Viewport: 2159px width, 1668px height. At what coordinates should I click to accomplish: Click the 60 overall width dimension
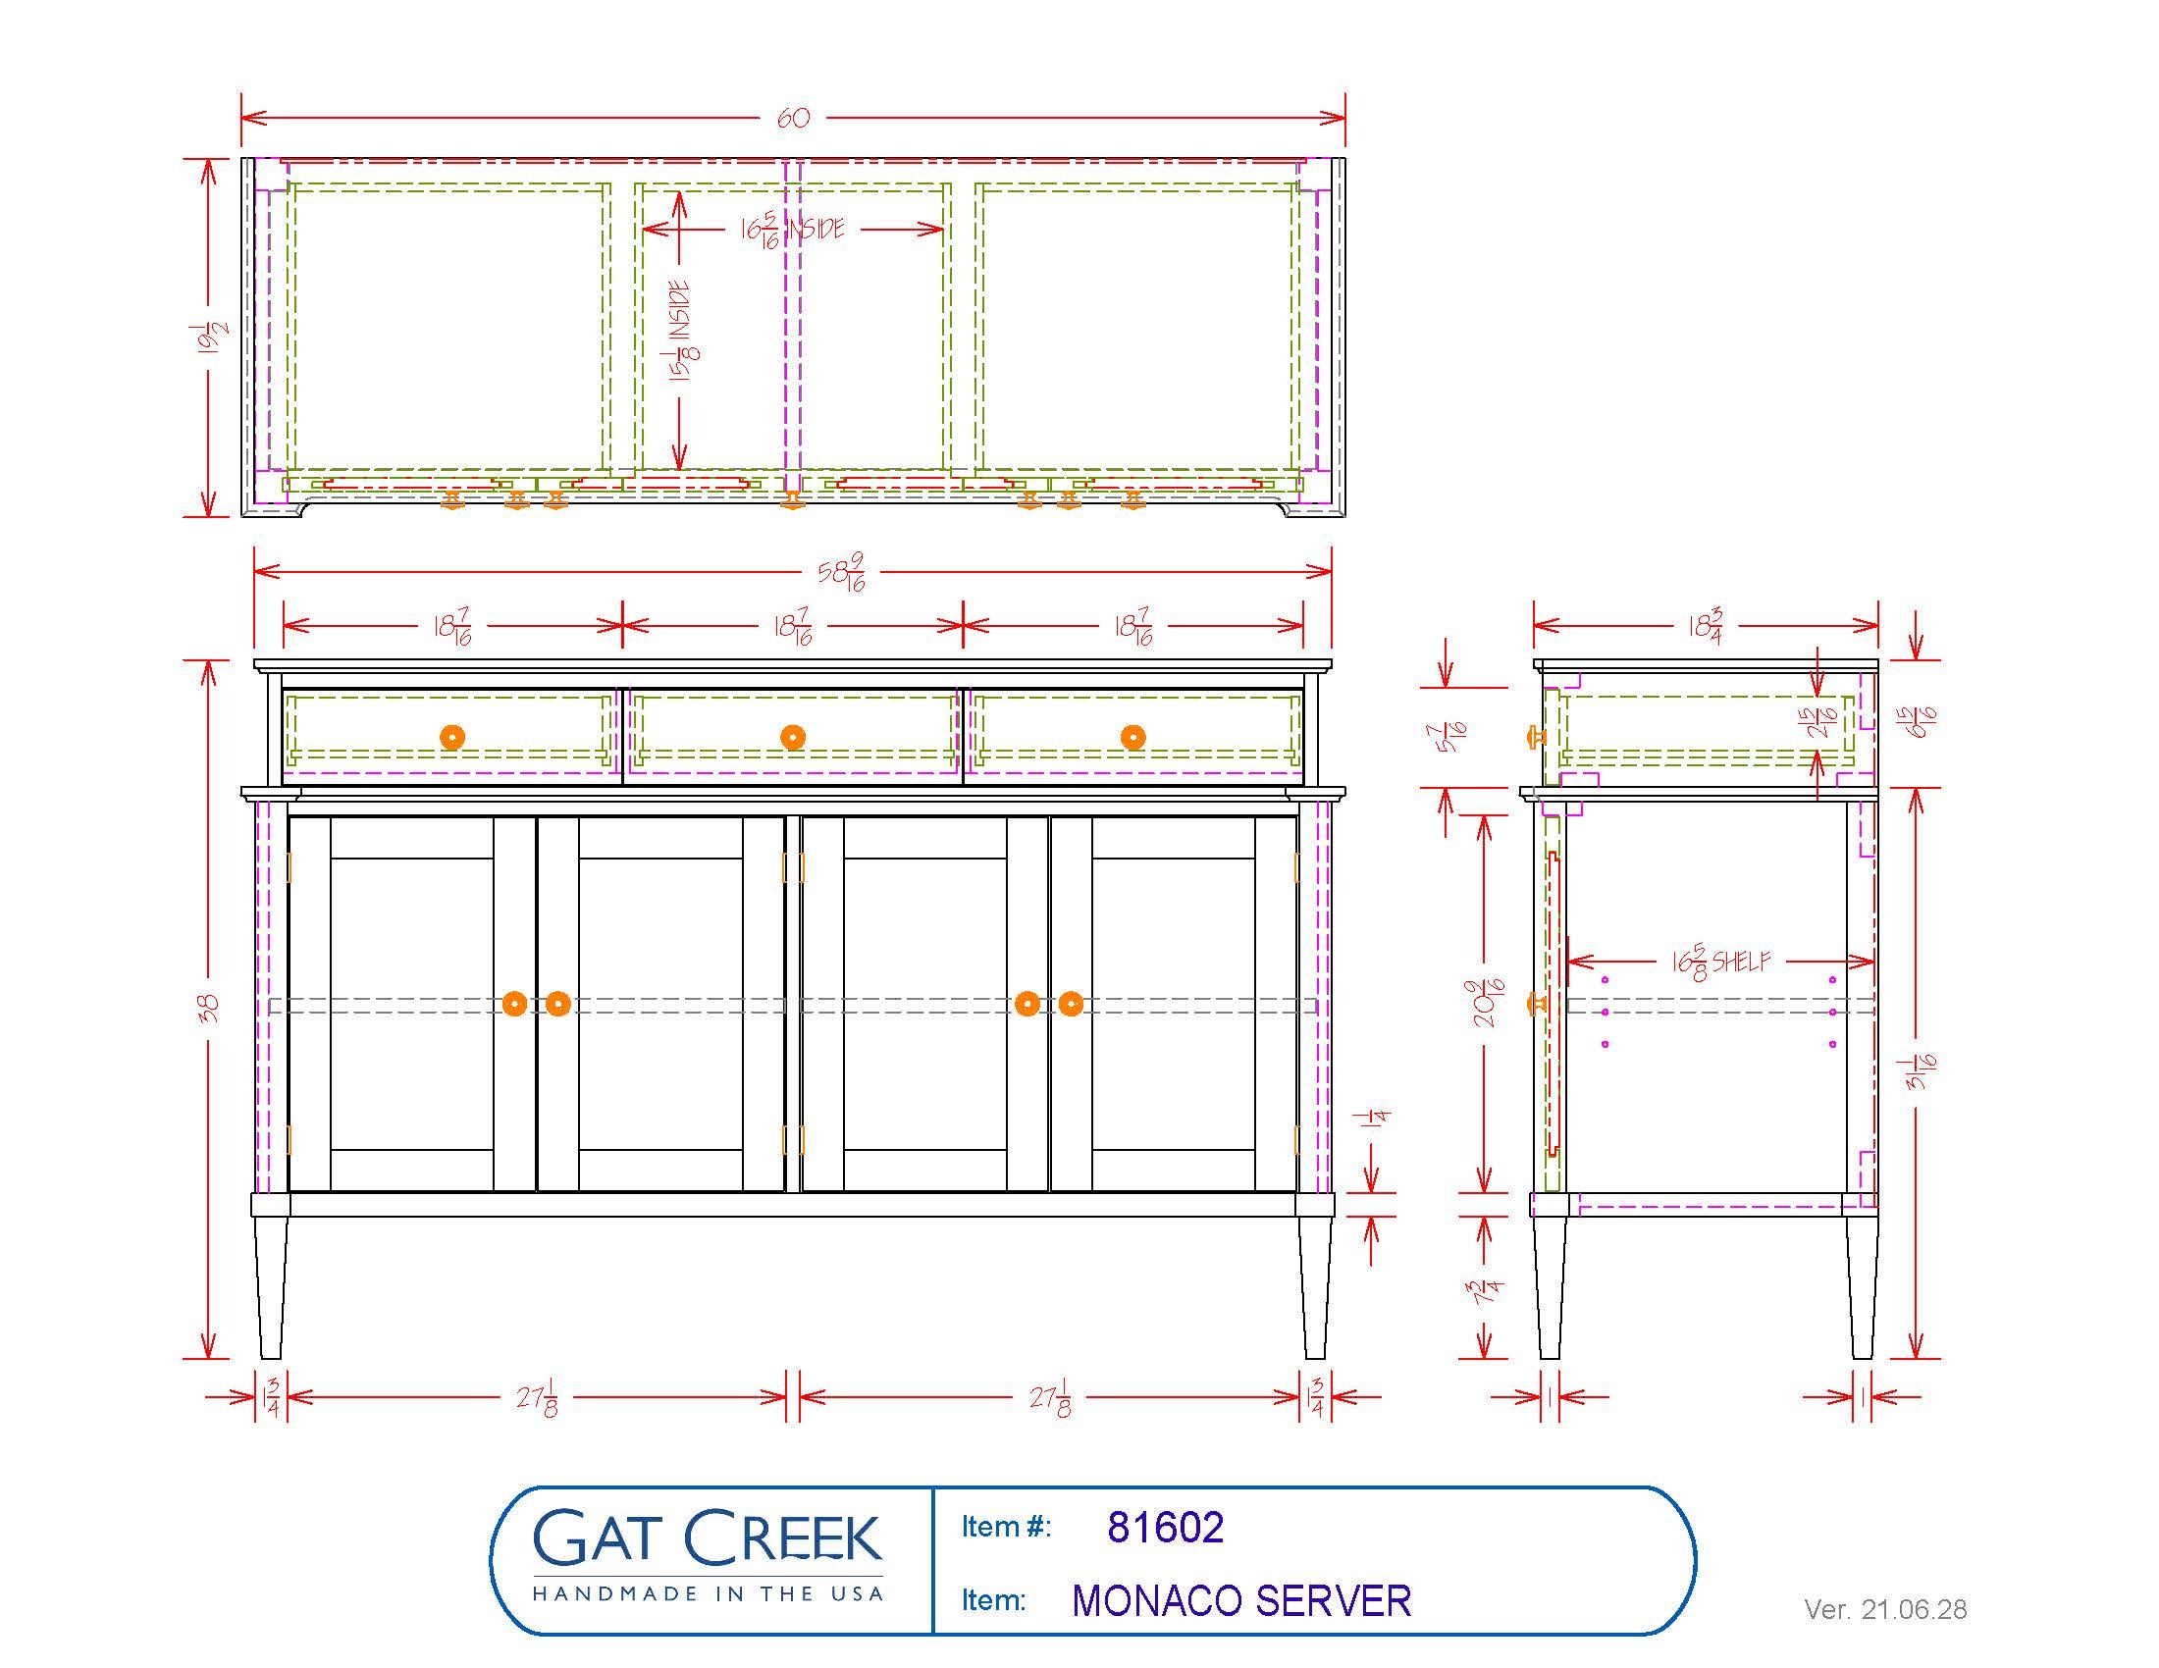pyautogui.click(x=793, y=119)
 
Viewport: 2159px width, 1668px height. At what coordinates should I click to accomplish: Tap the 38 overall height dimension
pyautogui.click(x=209, y=1007)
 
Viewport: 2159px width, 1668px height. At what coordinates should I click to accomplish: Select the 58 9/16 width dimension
pyautogui.click(x=843, y=573)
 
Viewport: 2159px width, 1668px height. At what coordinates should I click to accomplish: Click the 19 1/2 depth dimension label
pyautogui.click(x=211, y=338)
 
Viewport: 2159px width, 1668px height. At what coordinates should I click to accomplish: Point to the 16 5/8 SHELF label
pyautogui.click(x=1721, y=962)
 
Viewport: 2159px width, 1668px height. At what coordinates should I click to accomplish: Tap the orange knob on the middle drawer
pyautogui.click(x=793, y=737)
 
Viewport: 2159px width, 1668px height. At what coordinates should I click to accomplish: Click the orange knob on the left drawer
pyautogui.click(x=451, y=737)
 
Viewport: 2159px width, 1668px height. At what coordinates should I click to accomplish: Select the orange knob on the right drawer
pyautogui.click(x=1132, y=737)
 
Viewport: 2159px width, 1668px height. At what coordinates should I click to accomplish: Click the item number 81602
pyautogui.click(x=1166, y=1528)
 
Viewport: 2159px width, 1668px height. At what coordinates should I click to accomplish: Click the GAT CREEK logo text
pyautogui.click(x=707, y=1538)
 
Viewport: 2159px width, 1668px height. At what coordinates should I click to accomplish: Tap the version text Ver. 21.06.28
pyautogui.click(x=1885, y=1610)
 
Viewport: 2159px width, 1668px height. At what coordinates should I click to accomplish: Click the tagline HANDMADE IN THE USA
pyautogui.click(x=707, y=1593)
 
